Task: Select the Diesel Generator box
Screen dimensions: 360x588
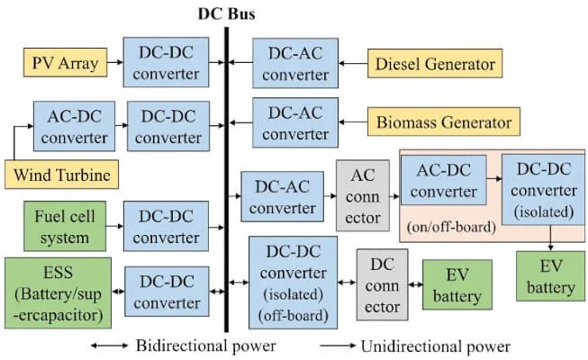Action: (x=434, y=63)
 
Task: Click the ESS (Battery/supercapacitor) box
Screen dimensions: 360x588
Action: (x=59, y=292)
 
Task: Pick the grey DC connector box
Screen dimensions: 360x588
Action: (x=383, y=283)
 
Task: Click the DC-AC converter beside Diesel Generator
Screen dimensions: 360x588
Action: (x=297, y=63)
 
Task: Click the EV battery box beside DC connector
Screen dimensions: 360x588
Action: (x=457, y=284)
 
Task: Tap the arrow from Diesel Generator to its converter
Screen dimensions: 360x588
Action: (x=355, y=63)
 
